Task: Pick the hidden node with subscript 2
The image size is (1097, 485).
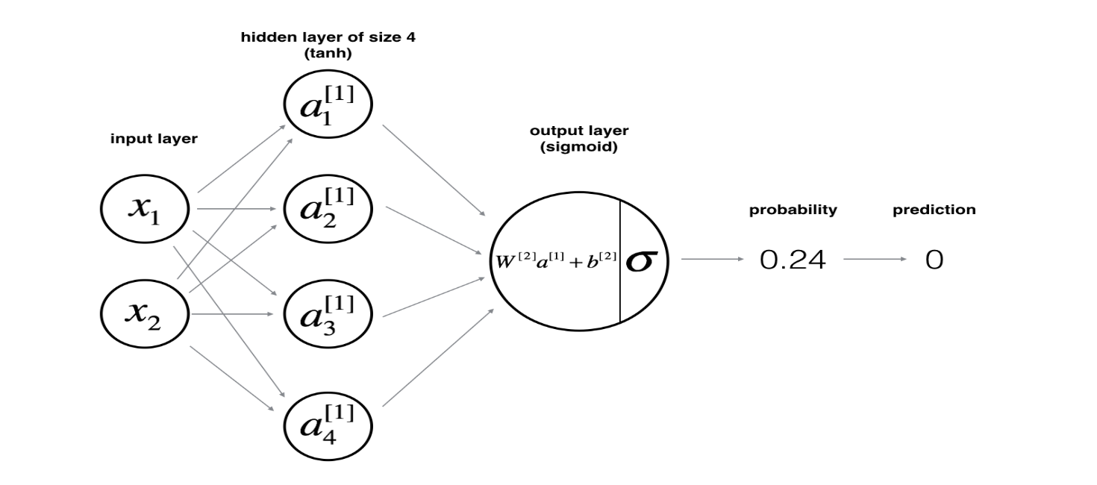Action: click(x=328, y=210)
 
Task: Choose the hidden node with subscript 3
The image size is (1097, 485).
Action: click(x=328, y=313)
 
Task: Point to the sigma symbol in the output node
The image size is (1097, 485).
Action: click(x=643, y=260)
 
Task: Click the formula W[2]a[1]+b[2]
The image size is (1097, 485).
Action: click(x=556, y=261)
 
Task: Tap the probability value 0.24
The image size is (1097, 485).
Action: click(x=793, y=260)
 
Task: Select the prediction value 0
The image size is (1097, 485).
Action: click(x=934, y=260)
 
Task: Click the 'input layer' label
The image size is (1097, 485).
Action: click(x=154, y=140)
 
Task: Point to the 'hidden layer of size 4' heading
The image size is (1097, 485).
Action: click(x=328, y=37)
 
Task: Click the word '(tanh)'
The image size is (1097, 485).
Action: click(x=328, y=54)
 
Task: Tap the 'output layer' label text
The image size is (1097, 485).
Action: click(x=579, y=131)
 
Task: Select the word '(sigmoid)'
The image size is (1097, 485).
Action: click(x=579, y=147)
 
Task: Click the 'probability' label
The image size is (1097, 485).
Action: click(x=793, y=210)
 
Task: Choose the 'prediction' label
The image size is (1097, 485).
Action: click(x=934, y=210)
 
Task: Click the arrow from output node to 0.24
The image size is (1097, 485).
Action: click(x=713, y=260)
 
